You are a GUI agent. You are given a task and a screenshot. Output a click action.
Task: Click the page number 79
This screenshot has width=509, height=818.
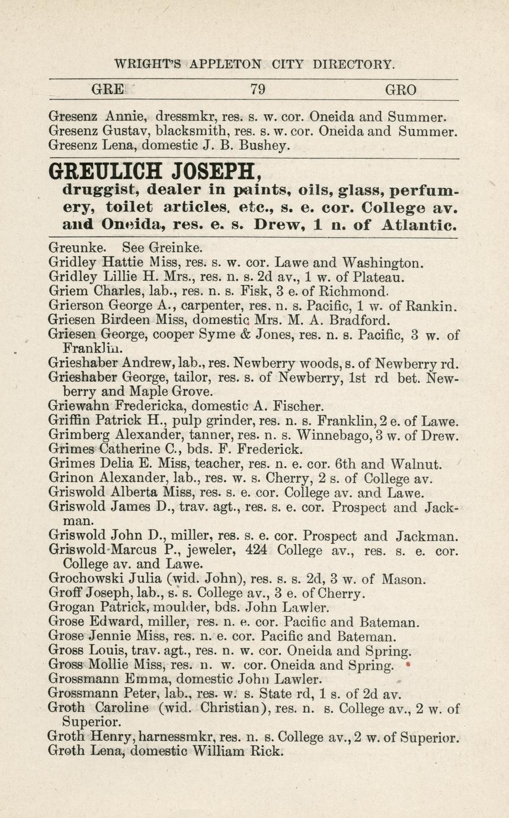tap(257, 90)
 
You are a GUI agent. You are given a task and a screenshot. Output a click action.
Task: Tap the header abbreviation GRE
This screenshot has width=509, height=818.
tap(108, 90)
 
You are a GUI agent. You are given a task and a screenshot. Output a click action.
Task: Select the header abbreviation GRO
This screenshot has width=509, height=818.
tap(401, 90)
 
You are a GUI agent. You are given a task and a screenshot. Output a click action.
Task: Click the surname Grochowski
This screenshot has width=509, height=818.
tap(87, 579)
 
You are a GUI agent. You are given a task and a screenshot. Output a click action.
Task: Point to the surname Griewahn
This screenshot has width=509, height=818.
tap(80, 407)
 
